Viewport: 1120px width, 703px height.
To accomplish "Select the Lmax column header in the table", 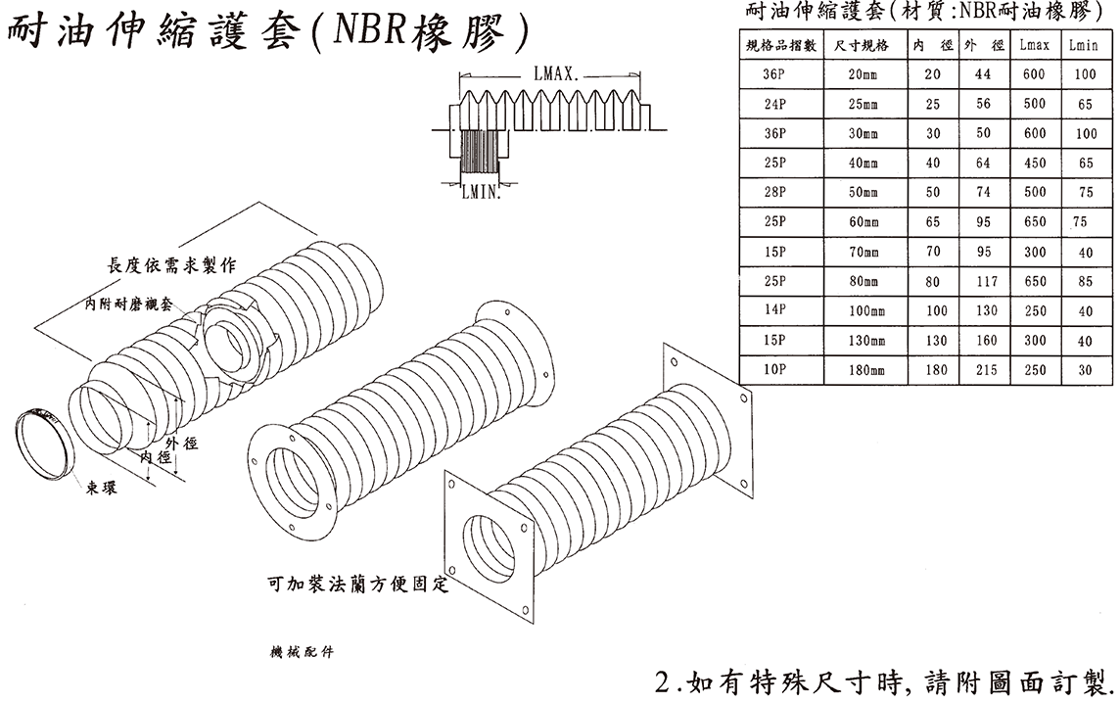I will [x=1034, y=45].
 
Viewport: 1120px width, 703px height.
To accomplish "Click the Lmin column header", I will [x=1084, y=45].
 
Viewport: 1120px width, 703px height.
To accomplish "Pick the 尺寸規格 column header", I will [x=863, y=45].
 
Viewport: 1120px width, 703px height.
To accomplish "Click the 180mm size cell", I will [x=863, y=371].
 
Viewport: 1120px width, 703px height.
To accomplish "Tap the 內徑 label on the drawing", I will [x=157, y=457].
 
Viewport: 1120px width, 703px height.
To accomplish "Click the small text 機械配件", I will [x=301, y=652].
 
